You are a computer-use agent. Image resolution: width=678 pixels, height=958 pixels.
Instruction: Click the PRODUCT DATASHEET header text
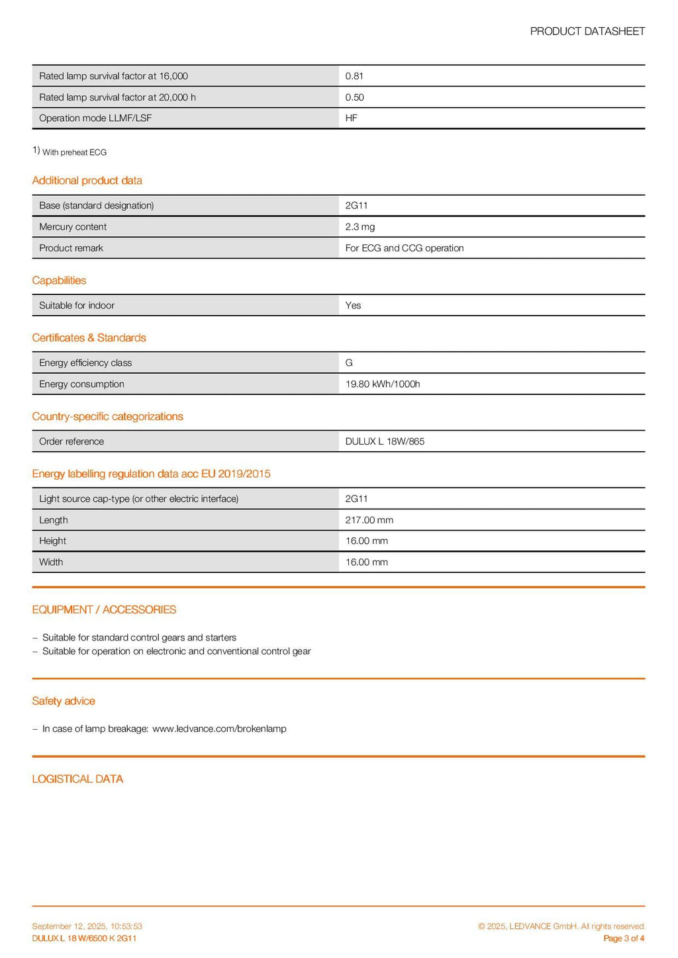click(587, 31)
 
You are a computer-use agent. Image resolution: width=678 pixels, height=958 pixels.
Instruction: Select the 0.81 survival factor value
click(354, 76)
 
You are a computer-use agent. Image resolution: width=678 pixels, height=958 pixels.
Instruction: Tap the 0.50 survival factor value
click(354, 97)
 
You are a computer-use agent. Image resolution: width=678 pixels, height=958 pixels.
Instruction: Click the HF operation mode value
click(351, 118)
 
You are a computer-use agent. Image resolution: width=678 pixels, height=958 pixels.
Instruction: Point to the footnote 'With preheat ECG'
click(74, 152)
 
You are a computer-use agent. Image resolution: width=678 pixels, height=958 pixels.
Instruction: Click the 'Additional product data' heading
click(87, 181)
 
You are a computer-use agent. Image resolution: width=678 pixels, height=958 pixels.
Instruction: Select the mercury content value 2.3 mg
click(360, 227)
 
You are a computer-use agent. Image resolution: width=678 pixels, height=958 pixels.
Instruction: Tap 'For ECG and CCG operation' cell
click(404, 248)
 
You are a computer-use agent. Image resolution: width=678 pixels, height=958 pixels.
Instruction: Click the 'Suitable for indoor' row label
click(76, 306)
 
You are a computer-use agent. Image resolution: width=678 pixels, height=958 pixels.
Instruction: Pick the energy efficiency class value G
click(349, 363)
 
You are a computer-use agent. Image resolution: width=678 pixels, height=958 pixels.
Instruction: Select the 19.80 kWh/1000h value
click(382, 384)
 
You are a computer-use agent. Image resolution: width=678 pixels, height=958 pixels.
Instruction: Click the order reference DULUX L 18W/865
click(385, 441)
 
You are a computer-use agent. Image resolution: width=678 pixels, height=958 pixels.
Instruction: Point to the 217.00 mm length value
click(369, 520)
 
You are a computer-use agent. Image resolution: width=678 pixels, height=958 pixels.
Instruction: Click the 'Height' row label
click(52, 541)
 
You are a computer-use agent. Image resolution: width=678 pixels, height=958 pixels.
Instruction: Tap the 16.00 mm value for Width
click(366, 562)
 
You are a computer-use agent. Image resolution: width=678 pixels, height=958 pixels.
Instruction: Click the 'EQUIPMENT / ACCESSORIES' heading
click(104, 609)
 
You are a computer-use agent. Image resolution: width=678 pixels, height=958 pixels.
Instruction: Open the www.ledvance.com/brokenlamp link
click(219, 728)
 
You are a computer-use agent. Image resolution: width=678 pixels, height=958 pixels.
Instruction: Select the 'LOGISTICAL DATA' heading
click(77, 779)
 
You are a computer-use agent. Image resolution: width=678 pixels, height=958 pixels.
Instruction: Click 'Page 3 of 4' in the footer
click(624, 938)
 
